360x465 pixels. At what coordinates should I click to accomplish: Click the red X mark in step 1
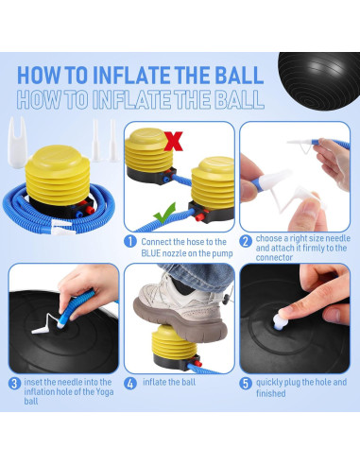tap(173, 141)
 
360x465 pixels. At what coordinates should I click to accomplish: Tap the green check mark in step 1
tap(164, 213)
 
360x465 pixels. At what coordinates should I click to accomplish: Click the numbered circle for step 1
tap(130, 242)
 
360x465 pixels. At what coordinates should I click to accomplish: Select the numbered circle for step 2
tap(246, 242)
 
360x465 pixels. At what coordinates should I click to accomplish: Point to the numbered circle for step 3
tap(14, 384)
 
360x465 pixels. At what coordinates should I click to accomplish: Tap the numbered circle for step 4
tap(130, 384)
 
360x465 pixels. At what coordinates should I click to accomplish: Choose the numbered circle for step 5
tap(246, 384)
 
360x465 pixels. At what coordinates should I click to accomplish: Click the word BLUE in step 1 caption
tap(151, 253)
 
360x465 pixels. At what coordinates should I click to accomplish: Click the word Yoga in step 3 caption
tap(105, 392)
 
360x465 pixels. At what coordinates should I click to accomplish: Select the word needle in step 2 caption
tap(338, 238)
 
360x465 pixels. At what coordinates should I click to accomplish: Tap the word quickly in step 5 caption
tap(269, 382)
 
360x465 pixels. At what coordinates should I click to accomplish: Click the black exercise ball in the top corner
tap(320, 80)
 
